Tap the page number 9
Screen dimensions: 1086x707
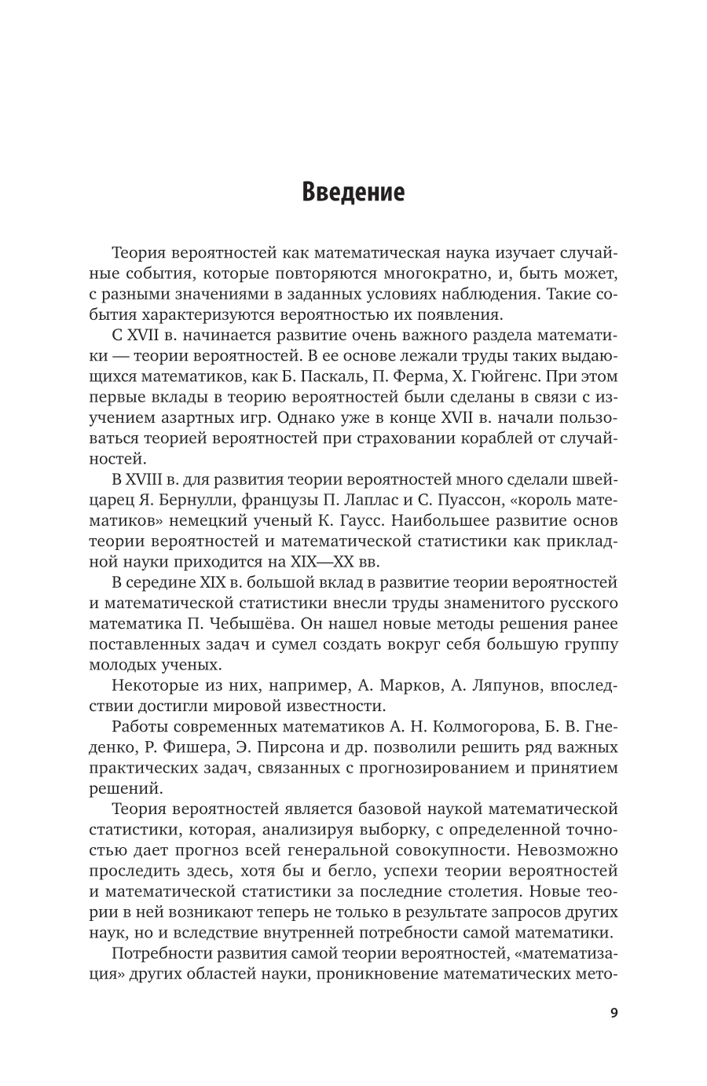(x=614, y=1012)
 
